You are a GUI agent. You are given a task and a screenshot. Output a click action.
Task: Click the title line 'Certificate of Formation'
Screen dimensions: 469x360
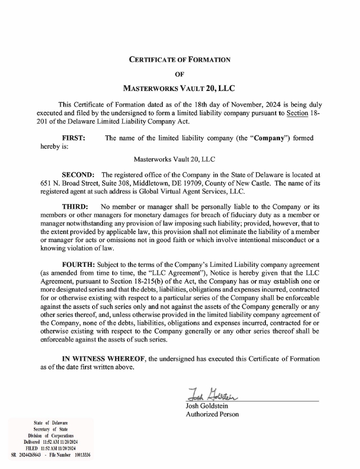(179, 59)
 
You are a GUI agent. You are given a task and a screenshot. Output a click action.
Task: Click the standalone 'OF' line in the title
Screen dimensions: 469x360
(179, 73)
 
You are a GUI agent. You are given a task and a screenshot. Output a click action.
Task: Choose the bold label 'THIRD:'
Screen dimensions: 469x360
(75, 207)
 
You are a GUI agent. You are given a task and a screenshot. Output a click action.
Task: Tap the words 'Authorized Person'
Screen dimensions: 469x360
(212, 414)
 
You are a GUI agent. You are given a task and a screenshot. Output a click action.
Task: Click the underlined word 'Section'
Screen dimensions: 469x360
(297, 113)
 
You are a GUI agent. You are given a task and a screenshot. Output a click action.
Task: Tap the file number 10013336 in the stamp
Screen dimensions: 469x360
(82, 455)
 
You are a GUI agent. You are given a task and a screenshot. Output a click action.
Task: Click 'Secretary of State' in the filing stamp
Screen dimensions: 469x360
(51, 429)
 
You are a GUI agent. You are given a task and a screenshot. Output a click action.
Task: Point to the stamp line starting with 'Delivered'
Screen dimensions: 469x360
(51, 442)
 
